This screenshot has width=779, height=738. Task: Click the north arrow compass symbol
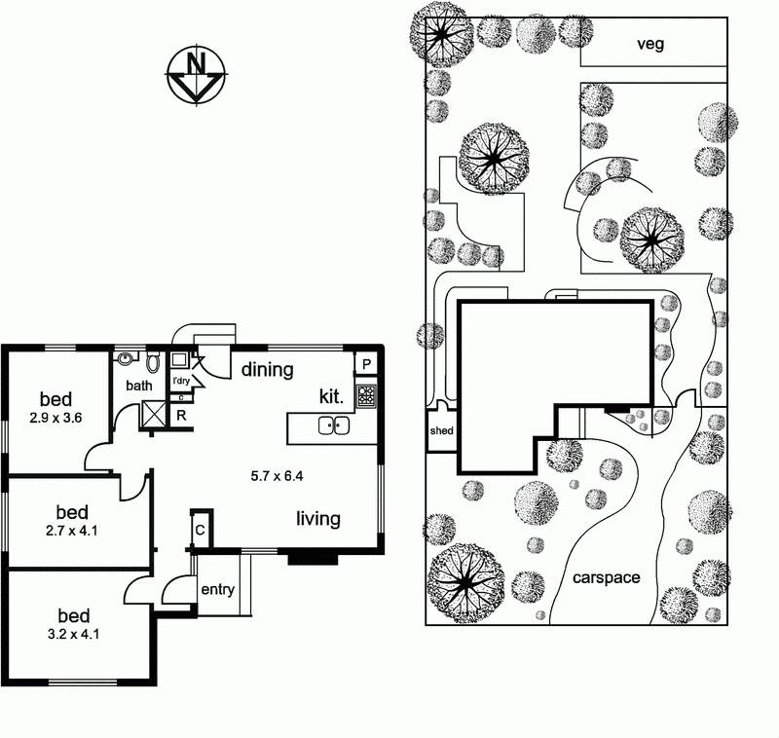(197, 74)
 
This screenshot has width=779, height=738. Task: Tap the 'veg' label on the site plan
(649, 44)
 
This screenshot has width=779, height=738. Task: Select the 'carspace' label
(606, 577)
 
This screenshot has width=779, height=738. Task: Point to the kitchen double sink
(333, 425)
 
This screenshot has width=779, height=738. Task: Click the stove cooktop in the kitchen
(366, 395)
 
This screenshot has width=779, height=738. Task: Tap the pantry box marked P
(366, 364)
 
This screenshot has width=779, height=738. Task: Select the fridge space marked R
(181, 414)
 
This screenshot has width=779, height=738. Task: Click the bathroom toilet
(153, 363)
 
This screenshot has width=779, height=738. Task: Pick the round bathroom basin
(124, 359)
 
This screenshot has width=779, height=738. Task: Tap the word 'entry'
(216, 590)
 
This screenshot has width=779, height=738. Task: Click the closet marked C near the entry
(200, 530)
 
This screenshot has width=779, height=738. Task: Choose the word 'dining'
(268, 369)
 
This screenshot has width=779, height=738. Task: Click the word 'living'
(318, 519)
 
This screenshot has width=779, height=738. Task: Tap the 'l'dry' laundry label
(181, 382)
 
